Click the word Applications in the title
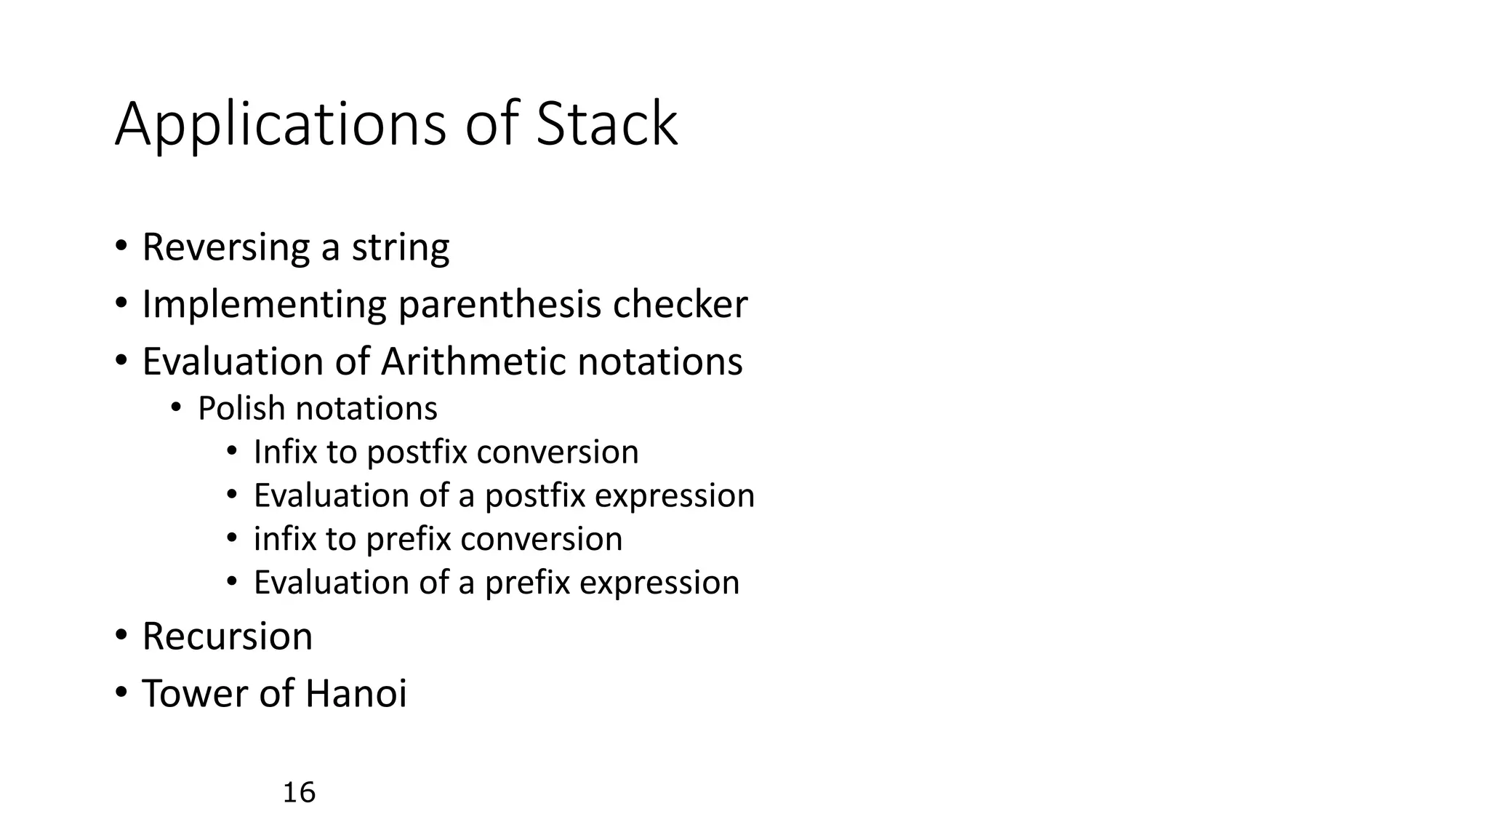280,125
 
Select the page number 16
299,792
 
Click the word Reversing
225,247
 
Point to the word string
401,247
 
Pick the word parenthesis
499,304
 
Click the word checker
680,304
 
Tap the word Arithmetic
473,362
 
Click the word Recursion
228,637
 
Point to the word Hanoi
356,693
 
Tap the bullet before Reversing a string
121,247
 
